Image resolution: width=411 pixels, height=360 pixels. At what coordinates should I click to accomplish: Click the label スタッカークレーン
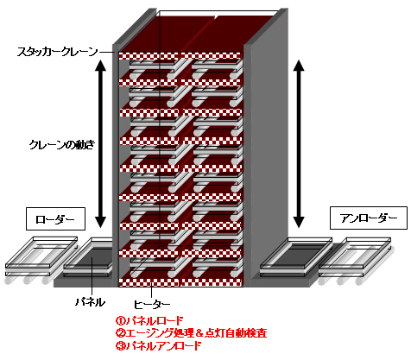[x=58, y=52]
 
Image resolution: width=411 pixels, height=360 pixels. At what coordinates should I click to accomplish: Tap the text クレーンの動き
[x=62, y=145]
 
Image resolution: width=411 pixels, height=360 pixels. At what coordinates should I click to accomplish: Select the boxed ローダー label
[x=55, y=218]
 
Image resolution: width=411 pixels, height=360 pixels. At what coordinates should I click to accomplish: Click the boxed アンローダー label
[x=369, y=218]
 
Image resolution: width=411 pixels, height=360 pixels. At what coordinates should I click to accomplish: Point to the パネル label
[x=90, y=302]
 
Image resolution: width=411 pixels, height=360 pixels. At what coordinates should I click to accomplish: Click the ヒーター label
[x=152, y=304]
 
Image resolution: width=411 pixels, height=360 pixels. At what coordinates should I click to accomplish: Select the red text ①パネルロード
[x=149, y=320]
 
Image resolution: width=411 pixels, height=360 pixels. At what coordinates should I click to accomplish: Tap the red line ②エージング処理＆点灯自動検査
[x=192, y=333]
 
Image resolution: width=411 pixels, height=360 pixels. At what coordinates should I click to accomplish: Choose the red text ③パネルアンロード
[x=159, y=345]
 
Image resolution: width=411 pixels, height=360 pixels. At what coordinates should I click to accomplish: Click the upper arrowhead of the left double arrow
[x=100, y=65]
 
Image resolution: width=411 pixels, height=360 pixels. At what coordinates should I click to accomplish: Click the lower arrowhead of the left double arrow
[x=100, y=222]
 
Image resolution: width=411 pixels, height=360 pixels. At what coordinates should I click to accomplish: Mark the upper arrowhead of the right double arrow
[x=299, y=66]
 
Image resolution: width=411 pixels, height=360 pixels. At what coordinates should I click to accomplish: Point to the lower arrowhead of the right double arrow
[x=299, y=222]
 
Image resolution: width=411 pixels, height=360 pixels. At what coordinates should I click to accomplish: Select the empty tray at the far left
[x=41, y=256]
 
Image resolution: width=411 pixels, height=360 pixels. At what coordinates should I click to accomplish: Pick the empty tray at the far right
[x=357, y=256]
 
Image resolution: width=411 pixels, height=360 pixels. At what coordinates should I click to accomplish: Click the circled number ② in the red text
[x=120, y=333]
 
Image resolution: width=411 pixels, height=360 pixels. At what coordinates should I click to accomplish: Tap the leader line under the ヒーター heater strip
[x=151, y=292]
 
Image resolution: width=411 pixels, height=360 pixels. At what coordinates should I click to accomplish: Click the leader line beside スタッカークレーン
[x=106, y=52]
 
